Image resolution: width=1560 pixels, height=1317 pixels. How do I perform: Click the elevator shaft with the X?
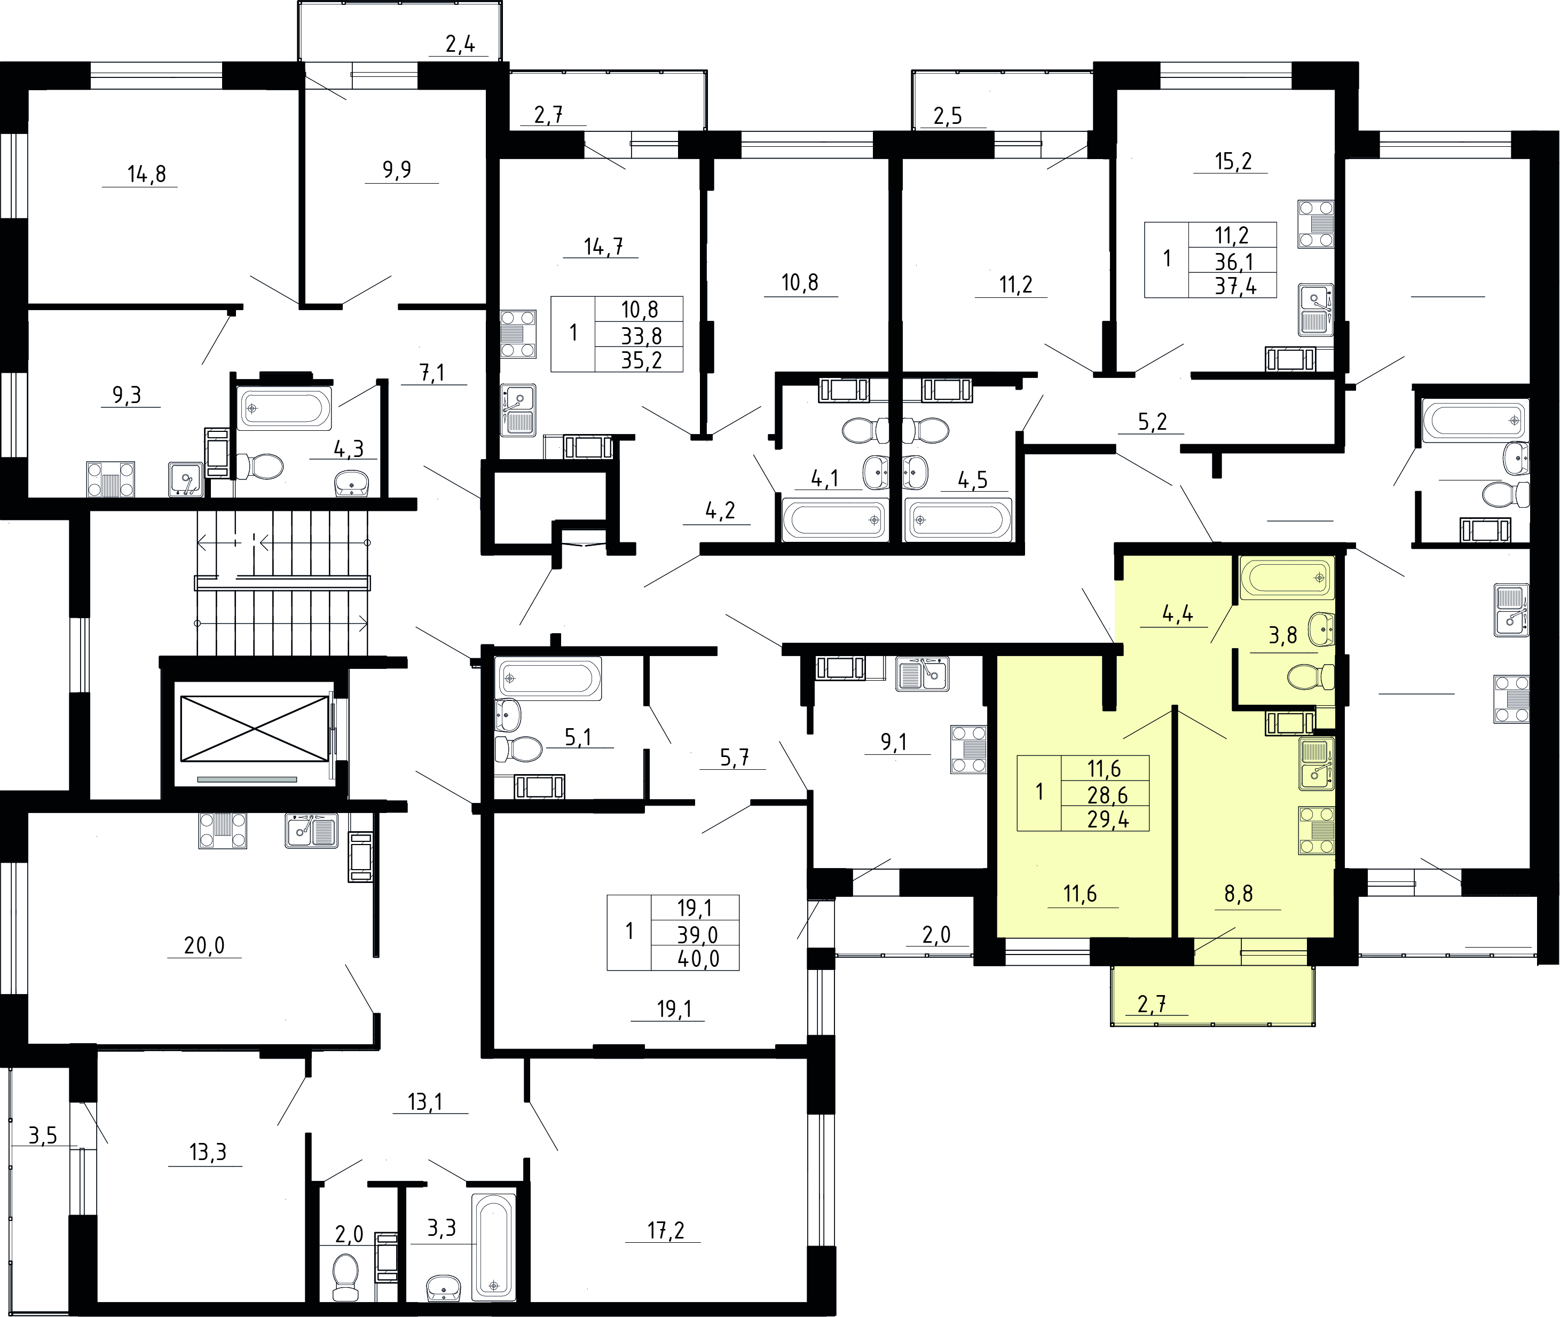coord(254,729)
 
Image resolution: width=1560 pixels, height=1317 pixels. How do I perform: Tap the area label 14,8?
coord(146,175)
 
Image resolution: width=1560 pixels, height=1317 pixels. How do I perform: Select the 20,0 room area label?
coord(204,946)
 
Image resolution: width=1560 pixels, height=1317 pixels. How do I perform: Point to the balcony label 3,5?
coord(43,1137)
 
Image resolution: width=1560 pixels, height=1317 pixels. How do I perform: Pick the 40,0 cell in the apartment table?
coord(698,959)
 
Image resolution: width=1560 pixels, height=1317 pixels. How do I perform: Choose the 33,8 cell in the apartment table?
coord(642,336)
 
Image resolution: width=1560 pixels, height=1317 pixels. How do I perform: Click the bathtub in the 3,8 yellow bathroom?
coord(1287,578)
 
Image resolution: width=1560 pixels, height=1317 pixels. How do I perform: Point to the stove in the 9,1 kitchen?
coord(968,750)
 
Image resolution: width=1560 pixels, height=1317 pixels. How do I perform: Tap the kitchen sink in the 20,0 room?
coord(311,830)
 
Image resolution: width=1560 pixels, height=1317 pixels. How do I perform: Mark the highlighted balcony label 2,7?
coord(1152,1004)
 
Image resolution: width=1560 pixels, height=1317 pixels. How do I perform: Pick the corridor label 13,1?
coord(425,1102)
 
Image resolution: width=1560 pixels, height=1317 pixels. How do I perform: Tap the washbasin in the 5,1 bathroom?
coord(507,714)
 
